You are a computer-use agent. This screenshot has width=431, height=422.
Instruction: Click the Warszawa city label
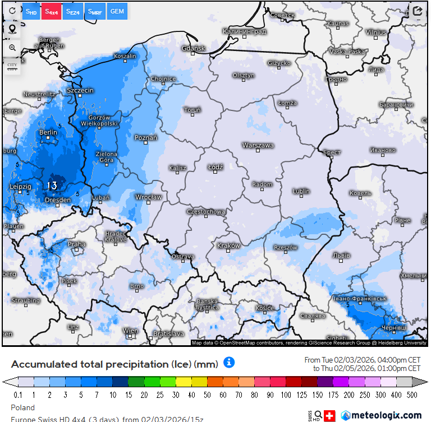[258, 145]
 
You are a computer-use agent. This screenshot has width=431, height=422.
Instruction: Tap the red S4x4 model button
[51, 11]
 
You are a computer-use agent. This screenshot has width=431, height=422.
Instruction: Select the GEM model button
[117, 11]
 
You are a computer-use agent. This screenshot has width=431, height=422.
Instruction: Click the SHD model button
[31, 11]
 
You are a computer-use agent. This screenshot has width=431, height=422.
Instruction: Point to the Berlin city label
[48, 132]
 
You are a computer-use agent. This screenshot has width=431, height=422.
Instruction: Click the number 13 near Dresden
[52, 185]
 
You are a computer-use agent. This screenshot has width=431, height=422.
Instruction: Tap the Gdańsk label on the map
[194, 49]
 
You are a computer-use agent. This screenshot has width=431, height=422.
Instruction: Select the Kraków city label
[228, 245]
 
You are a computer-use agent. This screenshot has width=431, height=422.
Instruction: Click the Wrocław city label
[149, 197]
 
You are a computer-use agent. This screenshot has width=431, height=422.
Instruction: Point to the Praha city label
[76, 244]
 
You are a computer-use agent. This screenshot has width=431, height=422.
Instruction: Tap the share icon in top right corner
[417, 11]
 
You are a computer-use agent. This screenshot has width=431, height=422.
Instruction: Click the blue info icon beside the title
[229, 363]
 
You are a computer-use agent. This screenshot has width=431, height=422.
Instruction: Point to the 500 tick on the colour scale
[412, 395]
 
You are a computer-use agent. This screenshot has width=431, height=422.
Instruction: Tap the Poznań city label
[146, 137]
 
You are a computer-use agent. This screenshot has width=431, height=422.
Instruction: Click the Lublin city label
[301, 191]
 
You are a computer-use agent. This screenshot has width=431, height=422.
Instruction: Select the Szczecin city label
[80, 90]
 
